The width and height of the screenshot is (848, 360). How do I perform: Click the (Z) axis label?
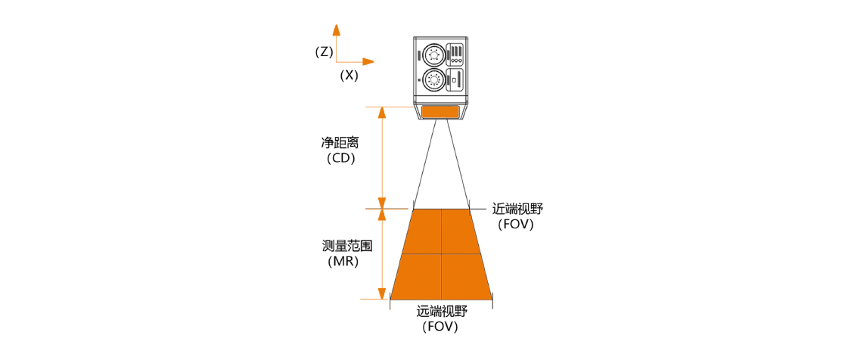[324, 52]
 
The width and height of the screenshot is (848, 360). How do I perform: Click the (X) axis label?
[349, 75]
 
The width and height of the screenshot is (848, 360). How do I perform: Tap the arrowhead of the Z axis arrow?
[336, 29]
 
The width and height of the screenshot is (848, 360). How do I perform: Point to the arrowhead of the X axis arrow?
[368, 61]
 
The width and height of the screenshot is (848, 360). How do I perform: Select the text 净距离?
[340, 144]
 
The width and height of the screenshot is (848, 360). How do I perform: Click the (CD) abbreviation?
[340, 160]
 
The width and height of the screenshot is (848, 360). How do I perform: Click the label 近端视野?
[517, 209]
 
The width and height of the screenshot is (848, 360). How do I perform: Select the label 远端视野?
[441, 312]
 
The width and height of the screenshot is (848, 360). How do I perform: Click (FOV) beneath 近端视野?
[516, 225]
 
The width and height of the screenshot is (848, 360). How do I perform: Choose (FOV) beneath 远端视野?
[440, 327]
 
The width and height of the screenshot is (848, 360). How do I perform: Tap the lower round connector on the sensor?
[433, 79]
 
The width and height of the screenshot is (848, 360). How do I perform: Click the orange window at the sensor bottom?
[441, 112]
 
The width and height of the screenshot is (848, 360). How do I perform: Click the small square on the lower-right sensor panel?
[455, 81]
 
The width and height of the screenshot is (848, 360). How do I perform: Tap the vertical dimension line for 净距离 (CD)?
[382, 157]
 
